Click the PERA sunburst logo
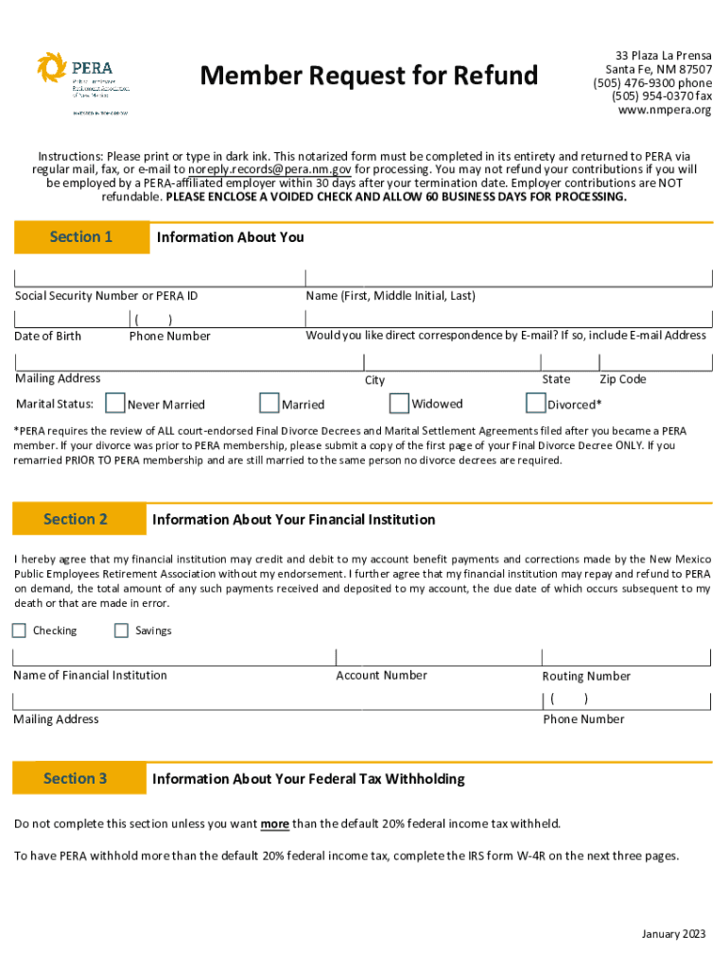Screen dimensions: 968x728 click(52, 68)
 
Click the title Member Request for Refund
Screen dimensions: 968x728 click(370, 76)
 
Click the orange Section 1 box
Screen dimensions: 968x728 click(81, 237)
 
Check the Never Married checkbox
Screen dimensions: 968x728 click(115, 404)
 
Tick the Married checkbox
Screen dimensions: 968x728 click(269, 404)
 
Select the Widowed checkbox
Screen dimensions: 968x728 click(399, 404)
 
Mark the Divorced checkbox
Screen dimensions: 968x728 click(535, 404)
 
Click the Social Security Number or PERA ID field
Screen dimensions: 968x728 click(159, 277)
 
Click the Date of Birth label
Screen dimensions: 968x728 click(48, 337)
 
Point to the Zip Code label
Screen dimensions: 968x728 click(622, 379)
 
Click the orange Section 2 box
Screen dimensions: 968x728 click(76, 519)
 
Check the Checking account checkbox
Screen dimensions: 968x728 click(19, 631)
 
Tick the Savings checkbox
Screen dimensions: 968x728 click(121, 631)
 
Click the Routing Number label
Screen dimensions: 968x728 click(586, 676)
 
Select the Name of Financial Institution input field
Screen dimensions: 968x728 click(173, 658)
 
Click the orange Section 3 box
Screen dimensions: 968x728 click(76, 779)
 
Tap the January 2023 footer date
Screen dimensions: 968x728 click(673, 935)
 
